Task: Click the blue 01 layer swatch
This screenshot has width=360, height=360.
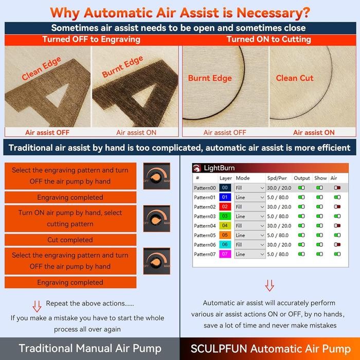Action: click(x=224, y=197)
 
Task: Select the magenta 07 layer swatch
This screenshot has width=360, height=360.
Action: click(x=224, y=254)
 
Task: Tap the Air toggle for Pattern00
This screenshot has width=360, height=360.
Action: click(x=337, y=188)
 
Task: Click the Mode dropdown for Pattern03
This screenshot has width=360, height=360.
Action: click(x=250, y=217)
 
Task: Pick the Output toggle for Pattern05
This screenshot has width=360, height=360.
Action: click(x=301, y=236)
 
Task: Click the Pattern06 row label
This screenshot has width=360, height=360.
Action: click(x=205, y=245)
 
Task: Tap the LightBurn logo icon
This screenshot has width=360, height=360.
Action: click(x=197, y=168)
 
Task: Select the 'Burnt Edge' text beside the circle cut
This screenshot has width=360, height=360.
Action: click(x=210, y=79)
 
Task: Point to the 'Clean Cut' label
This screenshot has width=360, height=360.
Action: click(x=295, y=78)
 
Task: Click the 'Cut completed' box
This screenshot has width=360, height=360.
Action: click(x=70, y=240)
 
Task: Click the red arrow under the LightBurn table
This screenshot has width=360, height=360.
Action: click(x=269, y=285)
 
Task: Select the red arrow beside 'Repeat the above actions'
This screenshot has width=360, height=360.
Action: click(x=37, y=306)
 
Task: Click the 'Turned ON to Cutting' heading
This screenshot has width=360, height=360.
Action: click(x=268, y=39)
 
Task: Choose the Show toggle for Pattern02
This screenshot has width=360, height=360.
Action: click(x=320, y=207)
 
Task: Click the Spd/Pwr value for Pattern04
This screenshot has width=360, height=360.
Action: click(x=279, y=226)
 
